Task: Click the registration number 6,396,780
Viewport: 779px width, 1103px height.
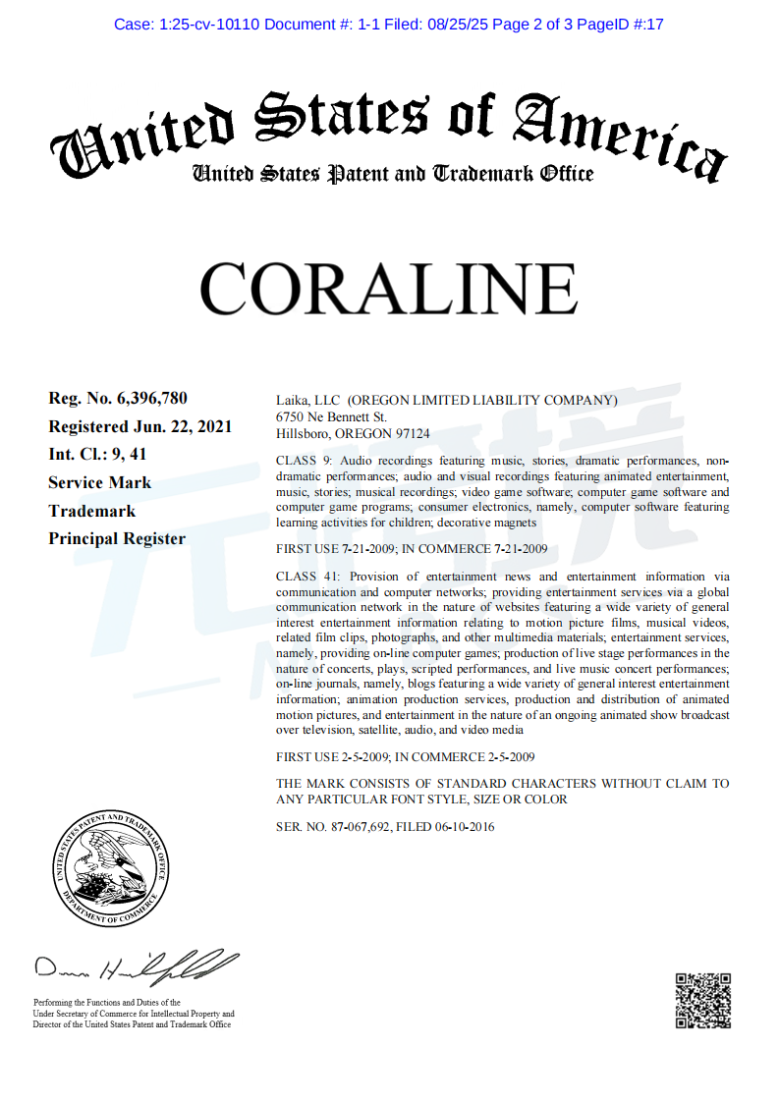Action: tap(151, 398)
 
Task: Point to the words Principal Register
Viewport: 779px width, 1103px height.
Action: tap(117, 538)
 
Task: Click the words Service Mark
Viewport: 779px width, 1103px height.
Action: tap(100, 482)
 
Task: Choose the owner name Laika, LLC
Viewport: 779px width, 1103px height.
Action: tap(307, 400)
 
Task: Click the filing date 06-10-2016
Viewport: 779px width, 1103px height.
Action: tap(463, 826)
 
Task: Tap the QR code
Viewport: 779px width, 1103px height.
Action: tap(703, 1000)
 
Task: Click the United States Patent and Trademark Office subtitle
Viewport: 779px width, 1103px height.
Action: tap(393, 174)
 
